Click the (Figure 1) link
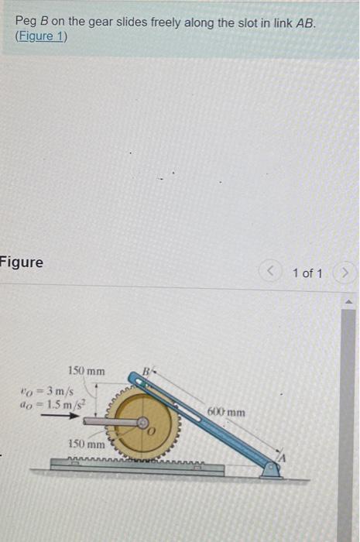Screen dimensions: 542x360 (x=41, y=36)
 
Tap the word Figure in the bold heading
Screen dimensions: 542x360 (x=22, y=262)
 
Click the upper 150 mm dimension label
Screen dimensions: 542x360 (x=86, y=371)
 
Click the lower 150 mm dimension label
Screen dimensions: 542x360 (x=86, y=445)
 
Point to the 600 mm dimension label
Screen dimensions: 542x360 (x=226, y=412)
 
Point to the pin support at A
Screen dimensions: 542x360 (x=270, y=468)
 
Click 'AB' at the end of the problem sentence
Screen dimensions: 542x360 (x=306, y=22)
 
